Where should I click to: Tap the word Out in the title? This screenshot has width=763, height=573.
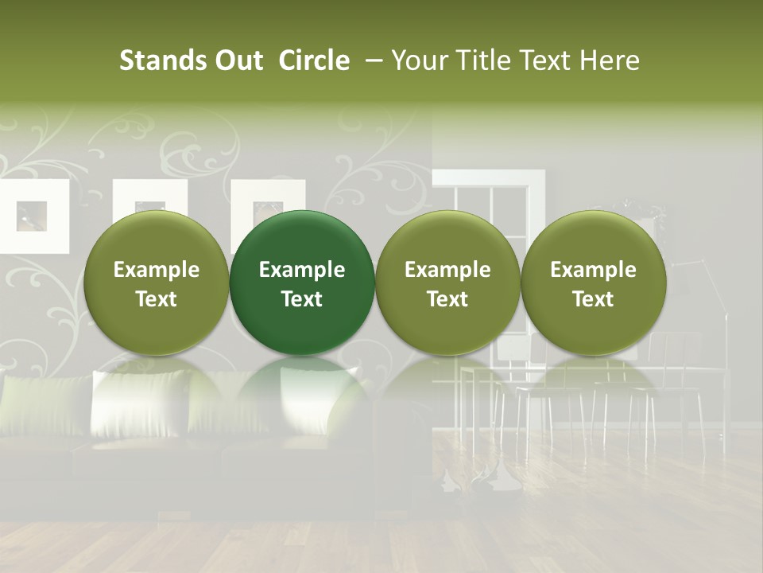point(237,60)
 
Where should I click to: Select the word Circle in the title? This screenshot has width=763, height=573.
point(314,60)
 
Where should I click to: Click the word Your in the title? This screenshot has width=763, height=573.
point(418,60)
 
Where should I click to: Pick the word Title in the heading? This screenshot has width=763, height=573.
point(478,60)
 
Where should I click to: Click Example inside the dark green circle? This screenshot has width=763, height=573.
point(302,270)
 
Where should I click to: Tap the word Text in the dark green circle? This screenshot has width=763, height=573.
point(302,299)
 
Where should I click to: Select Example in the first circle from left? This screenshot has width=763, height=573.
point(157,270)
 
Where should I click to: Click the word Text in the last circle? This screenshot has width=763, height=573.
point(593,299)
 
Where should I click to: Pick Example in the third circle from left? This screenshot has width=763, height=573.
point(447,270)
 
